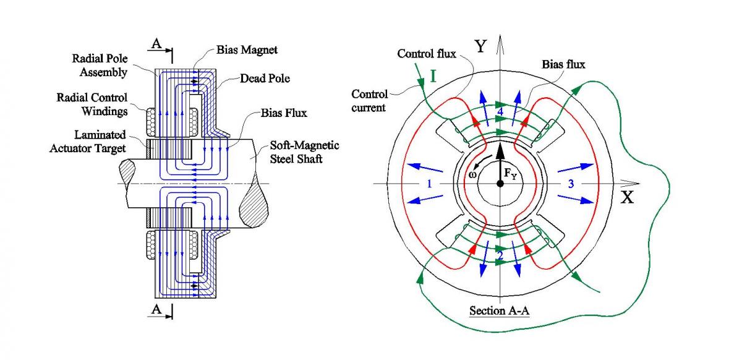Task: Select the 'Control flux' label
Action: [427, 54]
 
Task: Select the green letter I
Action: [433, 79]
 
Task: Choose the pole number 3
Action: [571, 184]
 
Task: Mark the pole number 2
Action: [500, 255]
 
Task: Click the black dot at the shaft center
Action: [499, 184]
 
